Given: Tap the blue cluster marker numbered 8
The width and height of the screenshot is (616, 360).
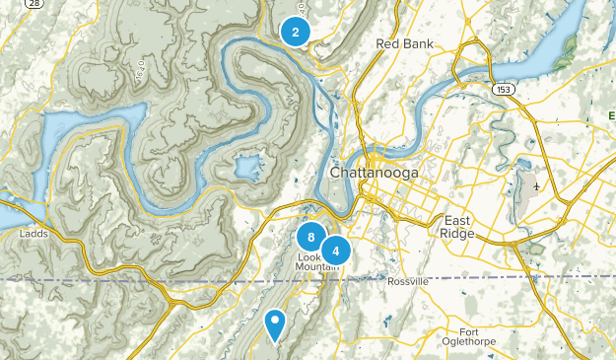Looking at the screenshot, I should pos(310,237).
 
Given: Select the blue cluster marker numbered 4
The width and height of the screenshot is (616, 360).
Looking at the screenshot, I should pos(336,251).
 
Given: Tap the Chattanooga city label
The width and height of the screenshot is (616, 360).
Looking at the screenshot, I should pos(374,173).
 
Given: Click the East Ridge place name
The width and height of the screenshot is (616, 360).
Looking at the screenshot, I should pos(459,226).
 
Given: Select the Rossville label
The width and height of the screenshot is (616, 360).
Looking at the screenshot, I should pos(408,281).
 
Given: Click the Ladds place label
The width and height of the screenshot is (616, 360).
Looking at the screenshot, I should pos(34,234).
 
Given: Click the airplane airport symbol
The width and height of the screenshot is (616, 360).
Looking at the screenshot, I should pos(535,186).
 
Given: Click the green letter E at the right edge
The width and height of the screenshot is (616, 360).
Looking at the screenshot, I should pos(611,116).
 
